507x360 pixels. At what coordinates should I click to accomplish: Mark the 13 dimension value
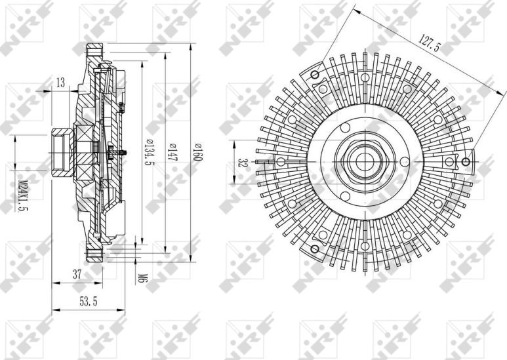click(x=60, y=82)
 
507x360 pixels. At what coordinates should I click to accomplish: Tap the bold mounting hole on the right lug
click(x=466, y=162)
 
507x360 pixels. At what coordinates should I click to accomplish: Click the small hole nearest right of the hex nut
click(x=405, y=161)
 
